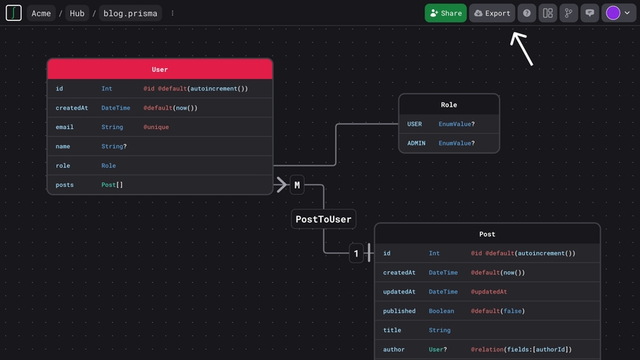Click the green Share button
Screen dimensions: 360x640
[x=445, y=13]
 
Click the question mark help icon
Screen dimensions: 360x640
[x=526, y=13]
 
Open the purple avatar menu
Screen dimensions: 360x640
[x=618, y=13]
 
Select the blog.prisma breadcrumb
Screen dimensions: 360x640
[x=130, y=13]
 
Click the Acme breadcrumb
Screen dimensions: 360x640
[x=41, y=13]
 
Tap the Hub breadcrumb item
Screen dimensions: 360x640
[x=77, y=13]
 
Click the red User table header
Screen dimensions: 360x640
[x=160, y=70]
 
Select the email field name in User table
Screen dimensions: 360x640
[x=65, y=127]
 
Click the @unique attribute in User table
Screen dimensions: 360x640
[x=156, y=127]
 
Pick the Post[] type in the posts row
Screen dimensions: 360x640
[x=112, y=185]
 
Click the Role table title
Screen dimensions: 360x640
[x=448, y=104]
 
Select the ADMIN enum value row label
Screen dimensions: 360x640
[x=417, y=143]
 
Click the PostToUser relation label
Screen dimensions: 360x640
[x=323, y=219]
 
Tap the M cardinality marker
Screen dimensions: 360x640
[x=297, y=185]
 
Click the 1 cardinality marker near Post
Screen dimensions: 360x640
[x=356, y=253]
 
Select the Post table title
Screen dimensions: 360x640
[x=487, y=234]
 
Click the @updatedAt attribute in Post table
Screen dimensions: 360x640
[x=489, y=291]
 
